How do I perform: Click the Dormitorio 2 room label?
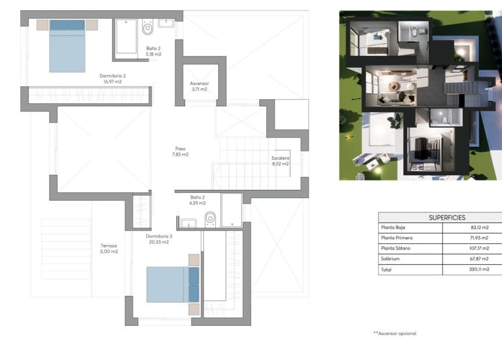click(x=113, y=75)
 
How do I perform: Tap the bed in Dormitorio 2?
click(x=67, y=46)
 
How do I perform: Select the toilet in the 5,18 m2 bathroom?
click(x=147, y=27)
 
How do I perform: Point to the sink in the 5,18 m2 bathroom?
click(x=166, y=23)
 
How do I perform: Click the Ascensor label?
click(x=199, y=83)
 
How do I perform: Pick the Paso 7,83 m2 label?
click(x=180, y=151)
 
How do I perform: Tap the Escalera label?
click(x=280, y=158)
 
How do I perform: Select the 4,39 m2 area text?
click(x=197, y=203)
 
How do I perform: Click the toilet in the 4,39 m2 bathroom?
click(x=210, y=219)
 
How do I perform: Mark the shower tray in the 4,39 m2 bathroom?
click(x=232, y=210)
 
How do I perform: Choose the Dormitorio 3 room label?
click(x=159, y=236)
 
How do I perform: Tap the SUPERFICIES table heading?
click(x=447, y=217)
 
